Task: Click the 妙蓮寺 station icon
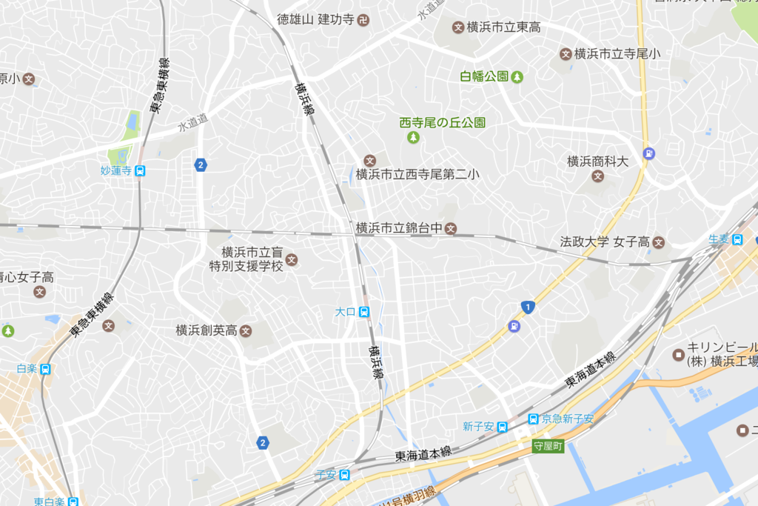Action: (x=140, y=171)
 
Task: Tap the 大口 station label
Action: (x=345, y=312)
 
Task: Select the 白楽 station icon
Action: (x=46, y=369)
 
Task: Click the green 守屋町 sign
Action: (x=549, y=446)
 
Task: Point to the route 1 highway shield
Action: (x=527, y=307)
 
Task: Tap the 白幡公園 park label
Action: (x=485, y=76)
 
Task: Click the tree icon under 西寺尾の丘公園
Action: (x=413, y=138)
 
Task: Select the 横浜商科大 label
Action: (x=597, y=161)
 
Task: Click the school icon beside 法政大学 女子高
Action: (x=659, y=242)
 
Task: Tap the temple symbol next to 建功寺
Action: (x=363, y=20)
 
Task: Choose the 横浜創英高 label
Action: (x=206, y=330)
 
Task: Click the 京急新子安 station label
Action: (x=568, y=419)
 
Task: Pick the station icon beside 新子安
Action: (x=502, y=426)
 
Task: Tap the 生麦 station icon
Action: (x=737, y=239)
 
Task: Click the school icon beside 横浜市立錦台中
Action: (x=450, y=228)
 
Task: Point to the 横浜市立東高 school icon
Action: (x=457, y=27)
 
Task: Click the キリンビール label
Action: (x=721, y=347)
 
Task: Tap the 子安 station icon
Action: (x=344, y=474)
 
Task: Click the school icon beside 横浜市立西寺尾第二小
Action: (x=370, y=161)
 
